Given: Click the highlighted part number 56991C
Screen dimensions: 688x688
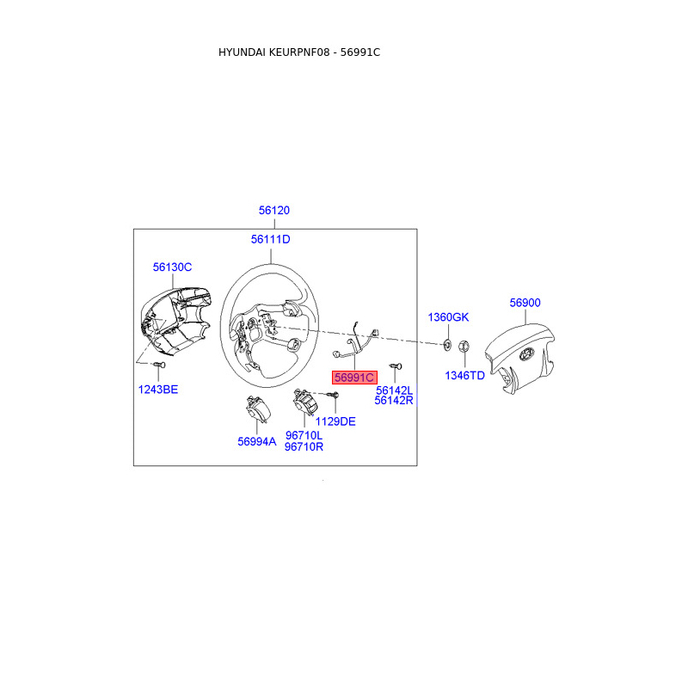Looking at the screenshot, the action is coord(354,378).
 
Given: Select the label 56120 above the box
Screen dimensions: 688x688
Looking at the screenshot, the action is coord(274,211).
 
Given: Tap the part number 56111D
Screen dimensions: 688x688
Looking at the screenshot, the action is coord(271,239).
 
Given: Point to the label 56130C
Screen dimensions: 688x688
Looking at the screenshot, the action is coord(172,267).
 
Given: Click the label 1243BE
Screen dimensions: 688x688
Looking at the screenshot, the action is coord(158,390).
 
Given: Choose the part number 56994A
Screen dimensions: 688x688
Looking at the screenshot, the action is coord(257,441).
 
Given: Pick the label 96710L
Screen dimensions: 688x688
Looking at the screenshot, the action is coord(304,435).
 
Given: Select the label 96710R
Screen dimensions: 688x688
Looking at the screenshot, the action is coord(304,446).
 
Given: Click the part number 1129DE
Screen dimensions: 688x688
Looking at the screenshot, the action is coord(335,421).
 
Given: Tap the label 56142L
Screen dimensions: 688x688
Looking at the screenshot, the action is coord(395,390).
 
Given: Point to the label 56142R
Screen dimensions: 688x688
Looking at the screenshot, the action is coord(395,400).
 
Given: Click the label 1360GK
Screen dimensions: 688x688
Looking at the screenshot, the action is coord(449,317).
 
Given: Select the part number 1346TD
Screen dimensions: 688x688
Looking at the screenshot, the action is coord(464,376).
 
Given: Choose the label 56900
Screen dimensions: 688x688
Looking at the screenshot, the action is coord(525,303).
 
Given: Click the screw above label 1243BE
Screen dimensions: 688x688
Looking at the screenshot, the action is coord(157,366).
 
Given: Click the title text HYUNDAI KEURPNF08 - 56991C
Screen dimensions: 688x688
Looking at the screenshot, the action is coord(299,52).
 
